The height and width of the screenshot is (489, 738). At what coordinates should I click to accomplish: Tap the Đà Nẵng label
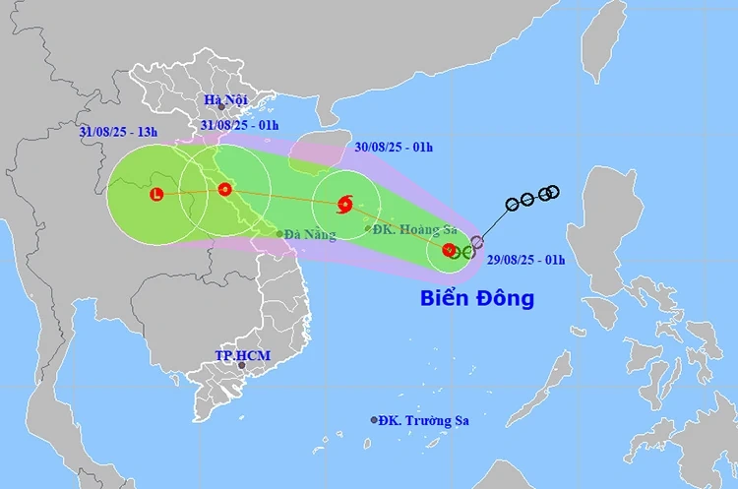(x=310, y=234)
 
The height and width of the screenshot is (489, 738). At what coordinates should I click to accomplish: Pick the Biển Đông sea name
(x=477, y=298)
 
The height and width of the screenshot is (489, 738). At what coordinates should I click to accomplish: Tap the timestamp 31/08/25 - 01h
(x=239, y=125)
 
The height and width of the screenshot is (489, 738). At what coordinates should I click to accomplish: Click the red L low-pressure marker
(x=155, y=195)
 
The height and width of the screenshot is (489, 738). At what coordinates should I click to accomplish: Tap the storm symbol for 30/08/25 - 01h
(x=344, y=205)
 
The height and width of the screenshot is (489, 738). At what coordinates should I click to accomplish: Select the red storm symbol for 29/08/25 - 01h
(x=450, y=250)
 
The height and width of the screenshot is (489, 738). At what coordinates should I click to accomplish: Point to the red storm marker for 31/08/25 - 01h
(x=224, y=189)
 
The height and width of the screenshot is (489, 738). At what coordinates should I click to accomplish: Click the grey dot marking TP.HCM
(x=242, y=365)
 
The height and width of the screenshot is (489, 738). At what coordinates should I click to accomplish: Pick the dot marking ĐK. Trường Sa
(x=374, y=420)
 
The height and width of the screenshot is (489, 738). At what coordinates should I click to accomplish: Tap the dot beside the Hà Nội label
(x=221, y=106)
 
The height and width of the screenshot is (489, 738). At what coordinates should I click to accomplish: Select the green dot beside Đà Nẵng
(x=280, y=234)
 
